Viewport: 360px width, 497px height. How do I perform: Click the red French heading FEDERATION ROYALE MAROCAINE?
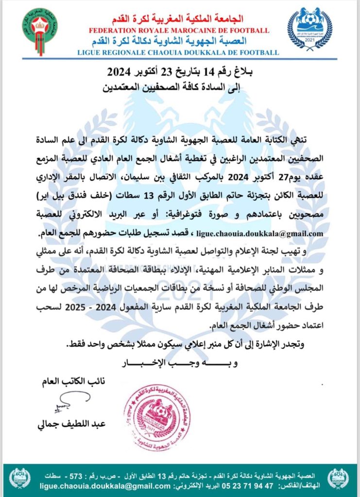coord(179,31)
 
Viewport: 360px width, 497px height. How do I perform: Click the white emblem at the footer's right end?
coord(339,479)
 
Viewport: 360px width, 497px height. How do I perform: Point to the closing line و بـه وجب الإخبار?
coord(180,362)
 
